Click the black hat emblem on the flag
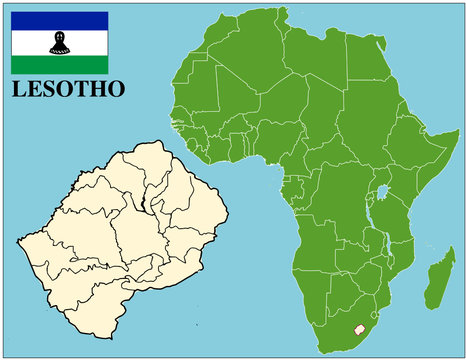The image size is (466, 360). [59, 42]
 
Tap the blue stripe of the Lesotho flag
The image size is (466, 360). [59, 20]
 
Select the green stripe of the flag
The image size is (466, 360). [59, 66]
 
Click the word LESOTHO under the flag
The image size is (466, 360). [68, 89]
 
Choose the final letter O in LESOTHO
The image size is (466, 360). [116, 89]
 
